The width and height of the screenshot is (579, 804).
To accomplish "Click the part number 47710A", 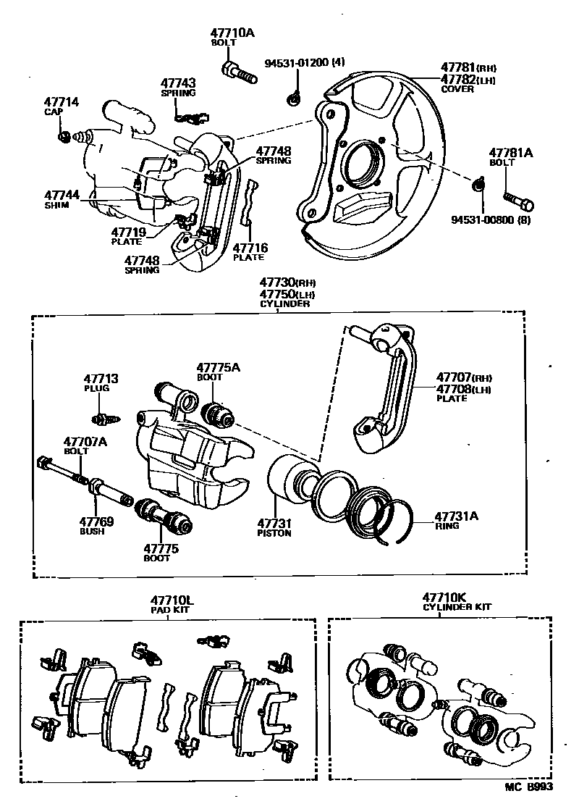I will (x=233, y=33).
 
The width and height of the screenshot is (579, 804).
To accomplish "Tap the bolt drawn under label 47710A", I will (x=238, y=72).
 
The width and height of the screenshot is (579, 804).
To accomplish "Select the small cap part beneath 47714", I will (x=64, y=136).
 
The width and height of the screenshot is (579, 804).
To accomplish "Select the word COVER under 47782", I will (x=457, y=90).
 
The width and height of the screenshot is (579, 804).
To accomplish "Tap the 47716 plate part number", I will (x=250, y=248).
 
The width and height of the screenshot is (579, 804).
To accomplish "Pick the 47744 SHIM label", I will (x=62, y=196).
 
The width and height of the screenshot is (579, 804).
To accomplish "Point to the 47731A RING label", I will (x=456, y=517).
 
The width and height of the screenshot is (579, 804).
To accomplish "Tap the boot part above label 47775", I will (x=162, y=516).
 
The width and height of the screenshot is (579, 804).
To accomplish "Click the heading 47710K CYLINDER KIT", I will (x=447, y=602).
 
